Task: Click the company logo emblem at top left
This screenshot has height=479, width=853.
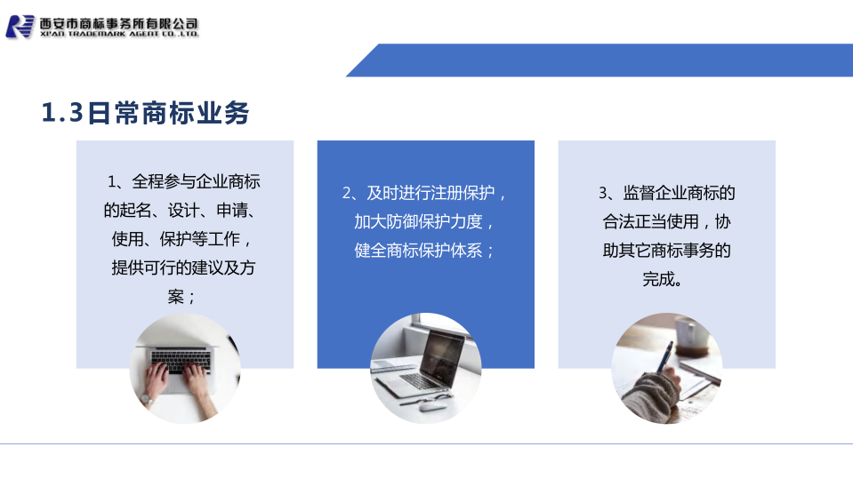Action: coord(20,27)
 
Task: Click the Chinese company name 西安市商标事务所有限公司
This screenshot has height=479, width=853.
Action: coord(119,23)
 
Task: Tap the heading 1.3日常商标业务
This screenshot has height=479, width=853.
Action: coord(145,113)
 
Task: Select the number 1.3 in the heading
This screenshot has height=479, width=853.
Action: coord(62,113)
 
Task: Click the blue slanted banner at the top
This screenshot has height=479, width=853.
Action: coord(600,60)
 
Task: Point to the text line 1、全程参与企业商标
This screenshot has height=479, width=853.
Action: coord(184,181)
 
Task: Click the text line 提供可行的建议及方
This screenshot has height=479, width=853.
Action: coord(183,267)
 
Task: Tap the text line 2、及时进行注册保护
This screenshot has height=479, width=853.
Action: coord(424,193)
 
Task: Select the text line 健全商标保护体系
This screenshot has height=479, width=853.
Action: coord(424,251)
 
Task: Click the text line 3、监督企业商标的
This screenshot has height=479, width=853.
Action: coord(667,193)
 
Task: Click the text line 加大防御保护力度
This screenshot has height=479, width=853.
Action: coord(424,222)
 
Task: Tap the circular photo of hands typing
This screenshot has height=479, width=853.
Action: coord(185,368)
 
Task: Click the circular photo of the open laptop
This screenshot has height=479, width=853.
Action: coord(425,368)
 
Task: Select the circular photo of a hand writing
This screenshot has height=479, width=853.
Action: coord(667,368)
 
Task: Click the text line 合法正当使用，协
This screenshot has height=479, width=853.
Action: coord(667,222)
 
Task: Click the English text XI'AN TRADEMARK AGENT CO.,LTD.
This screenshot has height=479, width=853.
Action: coord(119,35)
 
